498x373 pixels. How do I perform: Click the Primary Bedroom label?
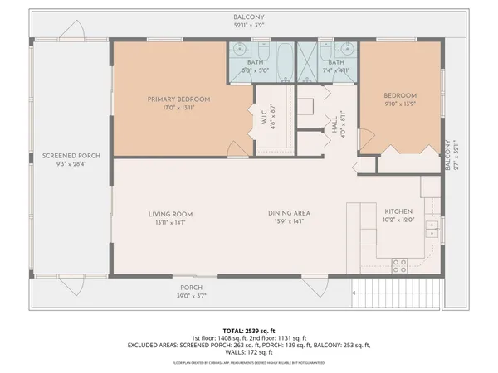178,99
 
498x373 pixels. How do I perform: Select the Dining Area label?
289,214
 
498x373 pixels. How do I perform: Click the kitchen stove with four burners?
399,265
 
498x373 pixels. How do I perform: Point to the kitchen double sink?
432,227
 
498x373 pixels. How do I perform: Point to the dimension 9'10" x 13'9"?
398,106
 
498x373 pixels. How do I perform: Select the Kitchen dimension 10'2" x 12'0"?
398,220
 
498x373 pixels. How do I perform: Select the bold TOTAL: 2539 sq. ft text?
248,330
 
